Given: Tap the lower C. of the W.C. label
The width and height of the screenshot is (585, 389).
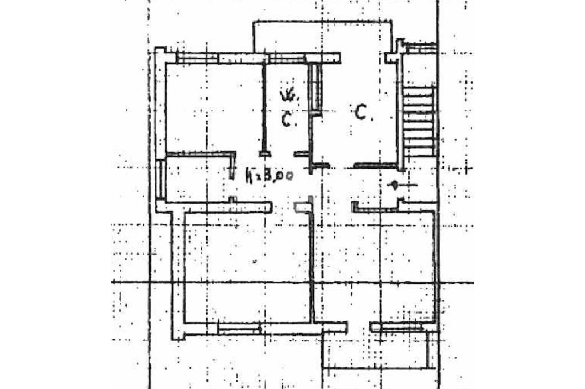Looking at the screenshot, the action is pos(289,120).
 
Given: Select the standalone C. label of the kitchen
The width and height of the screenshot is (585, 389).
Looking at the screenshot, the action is pos(363,114).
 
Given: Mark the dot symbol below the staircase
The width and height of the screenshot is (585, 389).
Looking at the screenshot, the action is pos(394,184).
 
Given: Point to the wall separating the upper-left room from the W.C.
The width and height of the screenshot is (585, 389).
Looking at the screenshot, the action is pos(264,106).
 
